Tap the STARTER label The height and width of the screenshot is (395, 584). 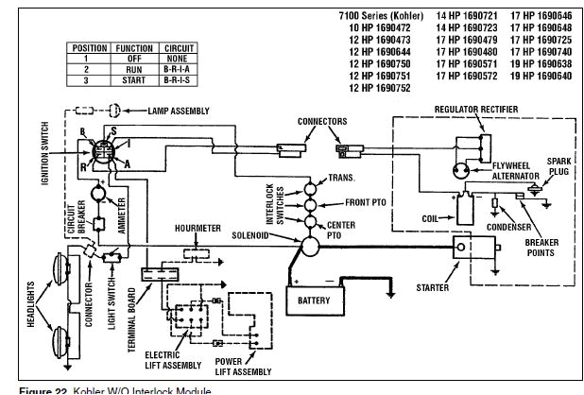(x=432, y=286)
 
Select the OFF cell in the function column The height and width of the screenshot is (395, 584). (x=133, y=59)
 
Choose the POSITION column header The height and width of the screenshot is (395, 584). (x=88, y=47)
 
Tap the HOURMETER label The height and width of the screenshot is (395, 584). (x=198, y=228)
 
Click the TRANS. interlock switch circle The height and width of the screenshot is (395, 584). (x=308, y=181)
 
